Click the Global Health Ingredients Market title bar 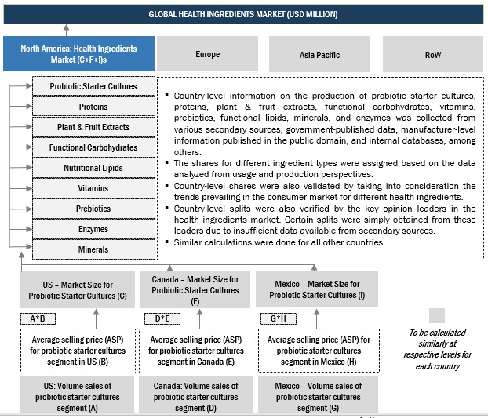[x=243, y=14]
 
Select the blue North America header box [x=78, y=54]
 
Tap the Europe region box [x=208, y=54]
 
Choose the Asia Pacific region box [x=319, y=54]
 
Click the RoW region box [x=432, y=54]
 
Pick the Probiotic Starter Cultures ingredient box [x=93, y=86]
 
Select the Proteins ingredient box [x=93, y=107]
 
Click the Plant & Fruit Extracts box [x=93, y=127]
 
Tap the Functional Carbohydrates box [x=93, y=147]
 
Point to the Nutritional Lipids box [x=93, y=168]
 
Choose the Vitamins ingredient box [x=93, y=188]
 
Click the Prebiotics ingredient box [x=93, y=209]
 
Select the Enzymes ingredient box [x=93, y=229]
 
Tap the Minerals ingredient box [x=93, y=249]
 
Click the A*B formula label [x=38, y=318]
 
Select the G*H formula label [x=279, y=318]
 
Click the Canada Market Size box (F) [x=195, y=289]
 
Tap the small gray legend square [x=437, y=315]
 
